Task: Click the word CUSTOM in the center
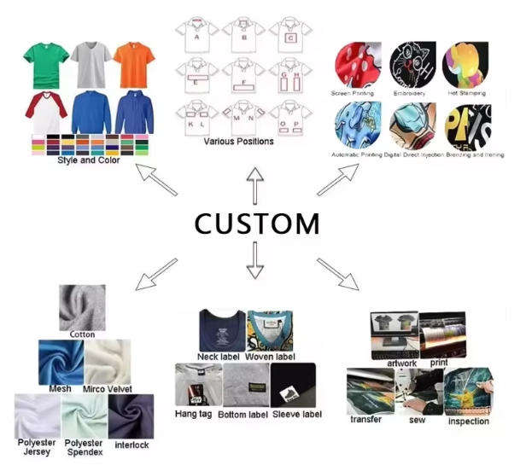256,224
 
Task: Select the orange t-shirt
133,62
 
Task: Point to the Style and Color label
89,160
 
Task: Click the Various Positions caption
238,141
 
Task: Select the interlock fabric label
131,445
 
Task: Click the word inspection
468,421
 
